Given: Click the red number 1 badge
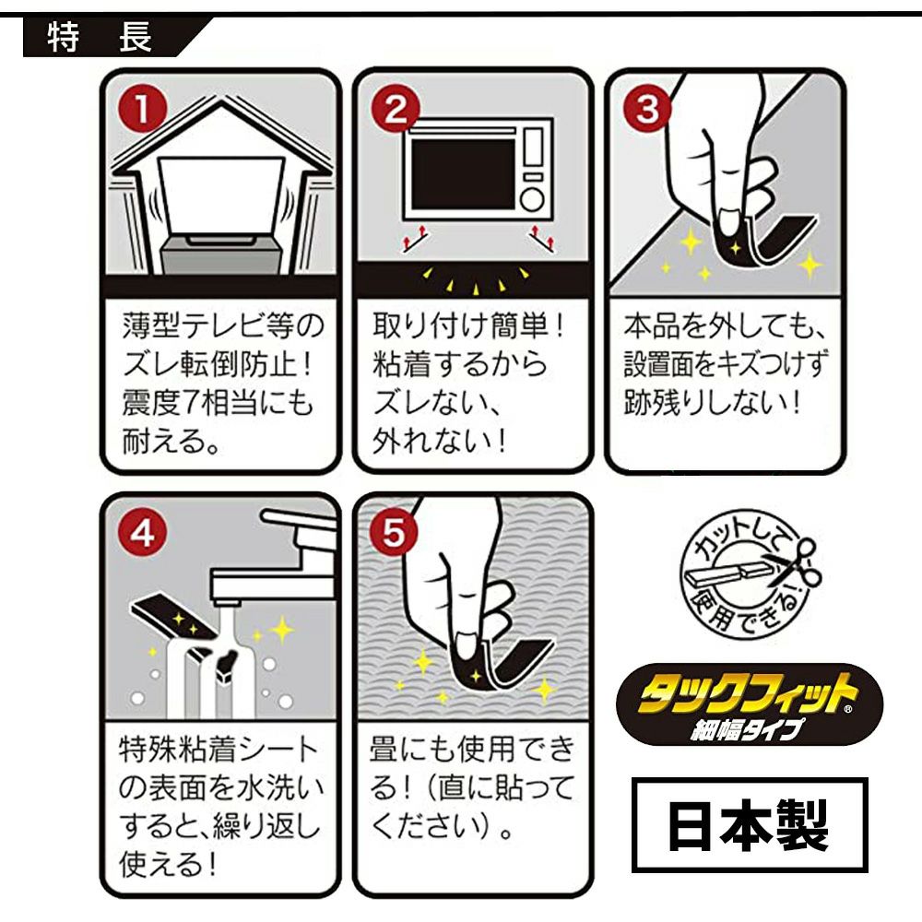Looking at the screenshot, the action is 142,110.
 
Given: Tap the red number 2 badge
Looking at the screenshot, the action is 396,110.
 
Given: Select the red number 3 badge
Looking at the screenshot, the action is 647,110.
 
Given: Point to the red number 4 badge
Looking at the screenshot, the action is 142,534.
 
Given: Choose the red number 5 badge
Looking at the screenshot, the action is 394,533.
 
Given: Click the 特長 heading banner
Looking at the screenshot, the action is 112,38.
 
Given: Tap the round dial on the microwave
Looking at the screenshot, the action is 532,199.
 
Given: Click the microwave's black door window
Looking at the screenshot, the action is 464,171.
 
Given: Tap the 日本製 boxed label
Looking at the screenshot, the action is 750,824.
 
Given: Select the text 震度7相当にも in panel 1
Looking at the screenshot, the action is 218,403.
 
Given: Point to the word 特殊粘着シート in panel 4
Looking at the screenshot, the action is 219,750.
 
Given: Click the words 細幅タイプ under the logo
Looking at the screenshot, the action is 746,729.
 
